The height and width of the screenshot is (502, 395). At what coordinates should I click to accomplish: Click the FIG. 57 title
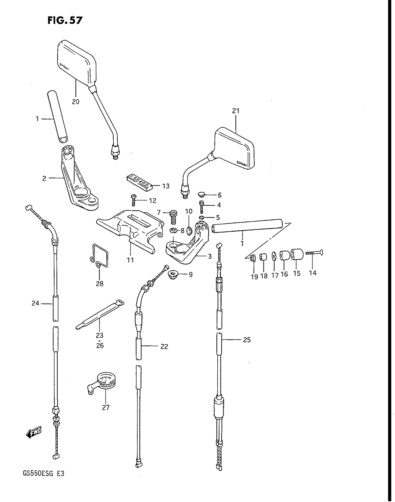click(x=65, y=20)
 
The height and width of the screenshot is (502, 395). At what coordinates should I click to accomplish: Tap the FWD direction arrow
click(x=34, y=433)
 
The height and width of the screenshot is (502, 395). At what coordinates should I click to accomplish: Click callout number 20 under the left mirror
click(x=75, y=102)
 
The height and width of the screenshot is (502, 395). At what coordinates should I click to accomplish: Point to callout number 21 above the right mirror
click(x=236, y=111)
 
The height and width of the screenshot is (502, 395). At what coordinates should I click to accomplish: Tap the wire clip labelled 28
click(x=98, y=256)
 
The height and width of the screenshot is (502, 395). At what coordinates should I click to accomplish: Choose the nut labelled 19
click(x=254, y=259)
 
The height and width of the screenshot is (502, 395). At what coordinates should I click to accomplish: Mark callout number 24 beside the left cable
click(x=36, y=304)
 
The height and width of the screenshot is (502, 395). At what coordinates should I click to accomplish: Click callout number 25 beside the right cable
click(x=246, y=340)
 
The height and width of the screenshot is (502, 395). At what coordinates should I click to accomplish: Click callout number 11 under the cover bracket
click(x=130, y=260)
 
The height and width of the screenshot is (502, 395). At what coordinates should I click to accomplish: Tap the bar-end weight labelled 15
click(x=297, y=255)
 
